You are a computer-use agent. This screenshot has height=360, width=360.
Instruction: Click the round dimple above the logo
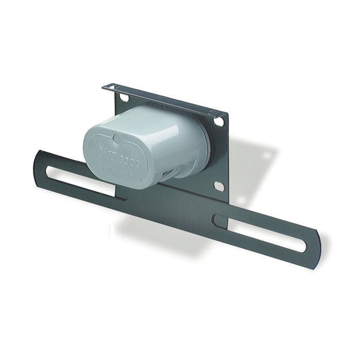coord(116,138)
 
